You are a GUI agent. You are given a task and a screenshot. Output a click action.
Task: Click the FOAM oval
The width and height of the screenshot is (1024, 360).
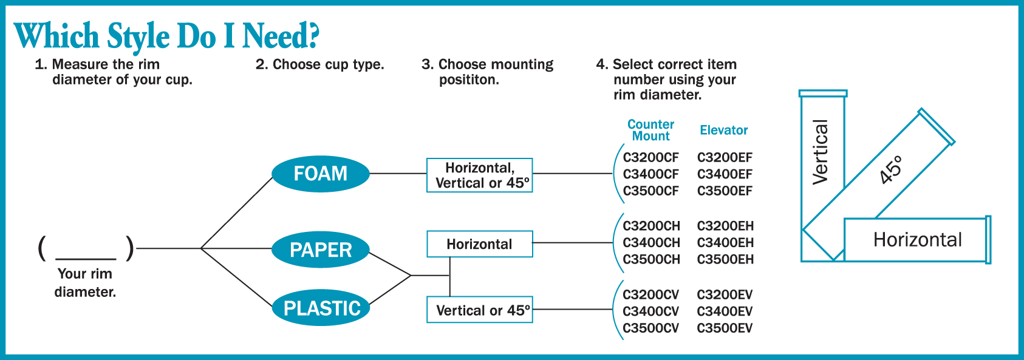pyautogui.click(x=321, y=174)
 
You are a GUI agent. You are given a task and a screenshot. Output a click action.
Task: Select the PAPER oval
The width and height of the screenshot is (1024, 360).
pyautogui.click(x=321, y=250)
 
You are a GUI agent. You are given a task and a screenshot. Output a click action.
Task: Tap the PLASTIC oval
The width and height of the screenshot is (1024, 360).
pyautogui.click(x=321, y=308)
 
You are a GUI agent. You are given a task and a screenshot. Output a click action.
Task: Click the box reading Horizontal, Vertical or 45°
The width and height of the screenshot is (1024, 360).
pyautogui.click(x=480, y=175)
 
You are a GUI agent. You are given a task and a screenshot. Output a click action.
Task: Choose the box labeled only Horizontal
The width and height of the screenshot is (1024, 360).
pyautogui.click(x=480, y=244)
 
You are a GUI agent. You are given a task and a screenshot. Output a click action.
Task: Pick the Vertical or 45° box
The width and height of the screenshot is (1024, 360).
pyautogui.click(x=480, y=310)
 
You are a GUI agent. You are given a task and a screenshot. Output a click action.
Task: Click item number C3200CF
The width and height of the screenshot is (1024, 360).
pyautogui.click(x=650, y=158)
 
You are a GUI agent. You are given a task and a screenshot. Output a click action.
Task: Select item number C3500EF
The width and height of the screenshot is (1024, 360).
pyautogui.click(x=725, y=191)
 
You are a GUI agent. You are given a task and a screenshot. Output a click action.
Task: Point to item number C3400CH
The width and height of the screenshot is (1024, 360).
pyautogui.click(x=651, y=243)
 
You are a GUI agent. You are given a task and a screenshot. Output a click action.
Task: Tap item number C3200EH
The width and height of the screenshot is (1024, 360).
pyautogui.click(x=725, y=226)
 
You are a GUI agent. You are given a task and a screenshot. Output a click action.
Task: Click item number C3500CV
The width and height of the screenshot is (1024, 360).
pyautogui.click(x=650, y=328)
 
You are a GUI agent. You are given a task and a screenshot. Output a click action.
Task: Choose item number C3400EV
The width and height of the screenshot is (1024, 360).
pyautogui.click(x=725, y=311)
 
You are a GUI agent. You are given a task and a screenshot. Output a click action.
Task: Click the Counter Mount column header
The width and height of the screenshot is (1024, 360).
pyautogui.click(x=650, y=130)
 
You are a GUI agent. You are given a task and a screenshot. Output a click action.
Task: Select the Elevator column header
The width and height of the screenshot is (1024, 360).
pyautogui.click(x=723, y=130)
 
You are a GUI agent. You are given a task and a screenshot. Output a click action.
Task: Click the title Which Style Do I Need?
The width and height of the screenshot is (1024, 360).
pyautogui.click(x=166, y=36)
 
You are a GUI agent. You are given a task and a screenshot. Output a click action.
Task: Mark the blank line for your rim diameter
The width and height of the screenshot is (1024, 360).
pyautogui.click(x=86, y=259)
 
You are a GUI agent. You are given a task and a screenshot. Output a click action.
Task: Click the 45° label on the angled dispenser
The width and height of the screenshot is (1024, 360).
pyautogui.click(x=892, y=169)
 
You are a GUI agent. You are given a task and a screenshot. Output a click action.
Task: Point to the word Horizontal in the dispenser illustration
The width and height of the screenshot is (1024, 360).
pyautogui.click(x=918, y=240)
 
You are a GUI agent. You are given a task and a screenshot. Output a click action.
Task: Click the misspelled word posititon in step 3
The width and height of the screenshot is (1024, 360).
pyautogui.click(x=469, y=80)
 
